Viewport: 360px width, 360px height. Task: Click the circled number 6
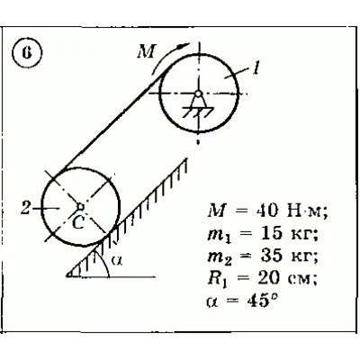click(x=27, y=53)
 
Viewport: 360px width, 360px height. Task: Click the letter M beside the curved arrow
click(x=147, y=51)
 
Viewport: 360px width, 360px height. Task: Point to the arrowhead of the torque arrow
click(x=182, y=47)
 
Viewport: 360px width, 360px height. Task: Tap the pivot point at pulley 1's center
click(x=198, y=94)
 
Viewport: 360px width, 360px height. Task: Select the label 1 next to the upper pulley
click(x=256, y=67)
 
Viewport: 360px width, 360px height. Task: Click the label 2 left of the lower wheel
click(x=25, y=208)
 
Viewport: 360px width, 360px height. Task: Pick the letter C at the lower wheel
click(x=78, y=222)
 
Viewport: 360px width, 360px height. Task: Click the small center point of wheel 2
click(x=80, y=206)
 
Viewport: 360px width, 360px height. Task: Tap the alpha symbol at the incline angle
click(x=117, y=260)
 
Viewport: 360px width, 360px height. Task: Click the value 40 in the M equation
click(x=266, y=211)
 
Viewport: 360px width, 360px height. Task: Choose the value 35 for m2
click(x=272, y=256)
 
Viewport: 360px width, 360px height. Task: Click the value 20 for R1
click(x=269, y=278)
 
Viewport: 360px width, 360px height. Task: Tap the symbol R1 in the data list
click(x=218, y=279)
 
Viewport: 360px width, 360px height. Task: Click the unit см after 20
click(x=301, y=280)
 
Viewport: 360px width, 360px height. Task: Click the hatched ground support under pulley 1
click(x=198, y=112)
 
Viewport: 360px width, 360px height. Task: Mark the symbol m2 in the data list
click(x=220, y=257)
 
